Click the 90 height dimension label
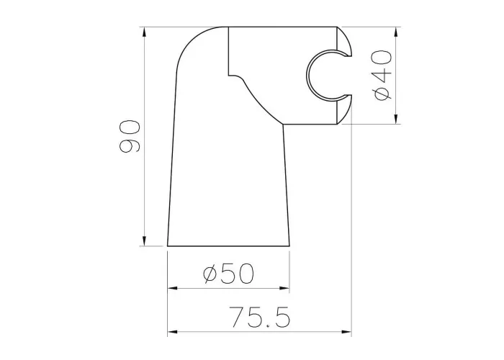[130, 135]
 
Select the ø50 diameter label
[228, 274]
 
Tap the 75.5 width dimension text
[260, 317]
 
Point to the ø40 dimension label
[382, 76]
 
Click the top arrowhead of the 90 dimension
[144, 32]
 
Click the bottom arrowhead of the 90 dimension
[144, 240]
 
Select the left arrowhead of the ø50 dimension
[173, 288]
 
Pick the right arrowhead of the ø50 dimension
[284, 288]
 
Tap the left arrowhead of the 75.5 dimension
[173, 331]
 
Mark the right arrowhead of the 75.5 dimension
[346, 331]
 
